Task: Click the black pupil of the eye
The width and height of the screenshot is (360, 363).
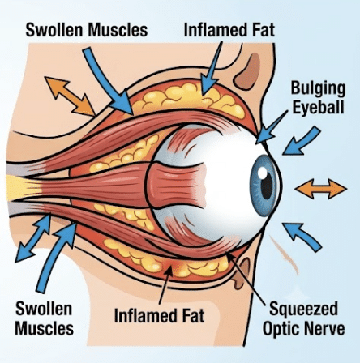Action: click(267, 185)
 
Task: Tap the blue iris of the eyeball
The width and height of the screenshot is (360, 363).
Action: click(263, 186)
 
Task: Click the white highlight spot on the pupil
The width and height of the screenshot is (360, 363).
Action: click(262, 173)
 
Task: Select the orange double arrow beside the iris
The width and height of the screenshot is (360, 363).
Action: click(321, 189)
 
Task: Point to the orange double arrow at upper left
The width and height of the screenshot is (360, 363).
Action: click(69, 96)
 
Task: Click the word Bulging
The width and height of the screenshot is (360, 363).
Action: click(318, 89)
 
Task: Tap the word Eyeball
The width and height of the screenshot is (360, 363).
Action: click(319, 107)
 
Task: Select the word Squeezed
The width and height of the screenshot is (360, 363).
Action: click(303, 310)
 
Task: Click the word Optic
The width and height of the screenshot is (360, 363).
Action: click(281, 329)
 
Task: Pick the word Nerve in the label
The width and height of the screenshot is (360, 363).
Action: click(324, 329)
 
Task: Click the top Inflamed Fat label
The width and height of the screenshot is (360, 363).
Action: click(229, 29)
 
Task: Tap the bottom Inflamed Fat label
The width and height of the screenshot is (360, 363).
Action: click(159, 315)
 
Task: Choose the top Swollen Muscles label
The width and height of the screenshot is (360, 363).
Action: click(87, 30)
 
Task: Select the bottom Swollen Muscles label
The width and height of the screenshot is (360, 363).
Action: click(44, 318)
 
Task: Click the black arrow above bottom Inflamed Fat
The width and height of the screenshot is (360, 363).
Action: click(165, 284)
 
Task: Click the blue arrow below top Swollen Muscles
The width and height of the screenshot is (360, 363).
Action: click(109, 81)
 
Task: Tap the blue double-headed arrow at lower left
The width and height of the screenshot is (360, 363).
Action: click(33, 238)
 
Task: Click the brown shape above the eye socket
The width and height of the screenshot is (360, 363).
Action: click(246, 70)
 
